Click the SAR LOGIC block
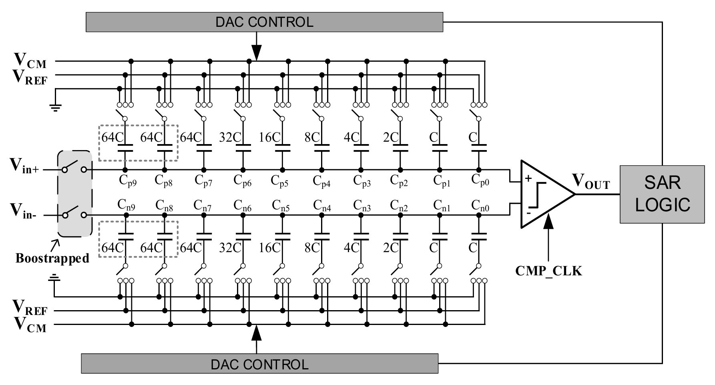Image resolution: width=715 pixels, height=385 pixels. pyautogui.click(x=662, y=194)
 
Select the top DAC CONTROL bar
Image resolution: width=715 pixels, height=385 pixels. pyautogui.click(x=264, y=22)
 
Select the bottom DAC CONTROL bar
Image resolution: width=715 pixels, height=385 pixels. pyautogui.click(x=259, y=364)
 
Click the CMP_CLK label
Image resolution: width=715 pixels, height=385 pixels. pyautogui.click(x=548, y=271)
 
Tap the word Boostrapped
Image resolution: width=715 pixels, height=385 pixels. pyautogui.click(x=52, y=258)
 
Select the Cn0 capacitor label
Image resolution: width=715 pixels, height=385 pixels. pyautogui.click(x=480, y=206)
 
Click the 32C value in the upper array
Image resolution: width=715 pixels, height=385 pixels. pyautogui.click(x=230, y=137)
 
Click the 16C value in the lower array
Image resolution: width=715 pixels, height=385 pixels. pyautogui.click(x=270, y=248)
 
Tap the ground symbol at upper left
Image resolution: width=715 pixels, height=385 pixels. pyautogui.click(x=55, y=106)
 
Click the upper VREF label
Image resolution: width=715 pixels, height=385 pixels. pyautogui.click(x=30, y=76)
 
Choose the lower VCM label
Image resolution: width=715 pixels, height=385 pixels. pyautogui.click(x=30, y=325)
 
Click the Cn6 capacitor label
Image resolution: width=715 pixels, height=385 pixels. pyautogui.click(x=243, y=206)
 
